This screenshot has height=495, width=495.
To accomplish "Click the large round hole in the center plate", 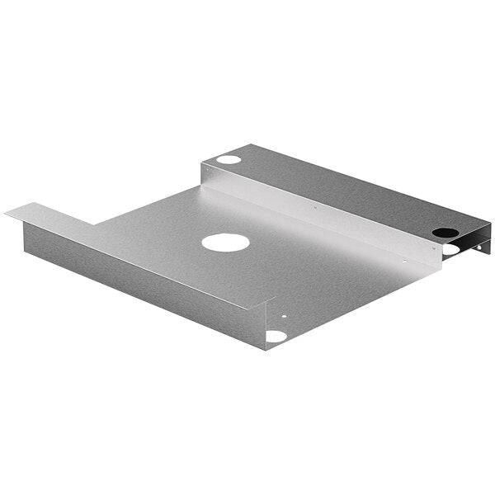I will (225, 243).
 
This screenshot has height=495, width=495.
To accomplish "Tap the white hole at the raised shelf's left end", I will (229, 159).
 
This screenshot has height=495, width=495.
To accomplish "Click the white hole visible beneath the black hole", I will (450, 248).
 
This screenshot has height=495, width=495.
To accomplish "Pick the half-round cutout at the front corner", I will (276, 336).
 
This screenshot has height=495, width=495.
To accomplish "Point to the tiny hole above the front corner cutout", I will (285, 315).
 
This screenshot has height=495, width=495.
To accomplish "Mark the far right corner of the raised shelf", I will (489, 221).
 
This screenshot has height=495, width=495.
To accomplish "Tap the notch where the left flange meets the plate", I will (95, 224).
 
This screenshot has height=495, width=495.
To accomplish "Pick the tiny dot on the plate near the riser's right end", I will (403, 262).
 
